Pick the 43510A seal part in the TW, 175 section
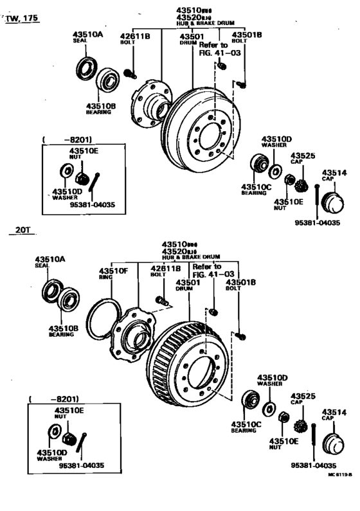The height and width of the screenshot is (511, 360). tap(85, 66)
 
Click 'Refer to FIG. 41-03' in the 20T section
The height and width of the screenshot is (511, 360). tap(207, 270)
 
